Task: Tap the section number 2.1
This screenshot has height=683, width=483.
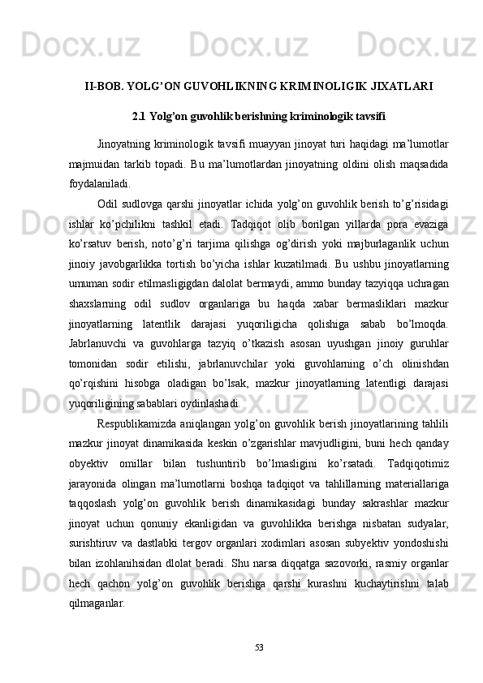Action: pos(139,115)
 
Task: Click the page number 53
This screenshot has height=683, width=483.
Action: pos(258,646)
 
